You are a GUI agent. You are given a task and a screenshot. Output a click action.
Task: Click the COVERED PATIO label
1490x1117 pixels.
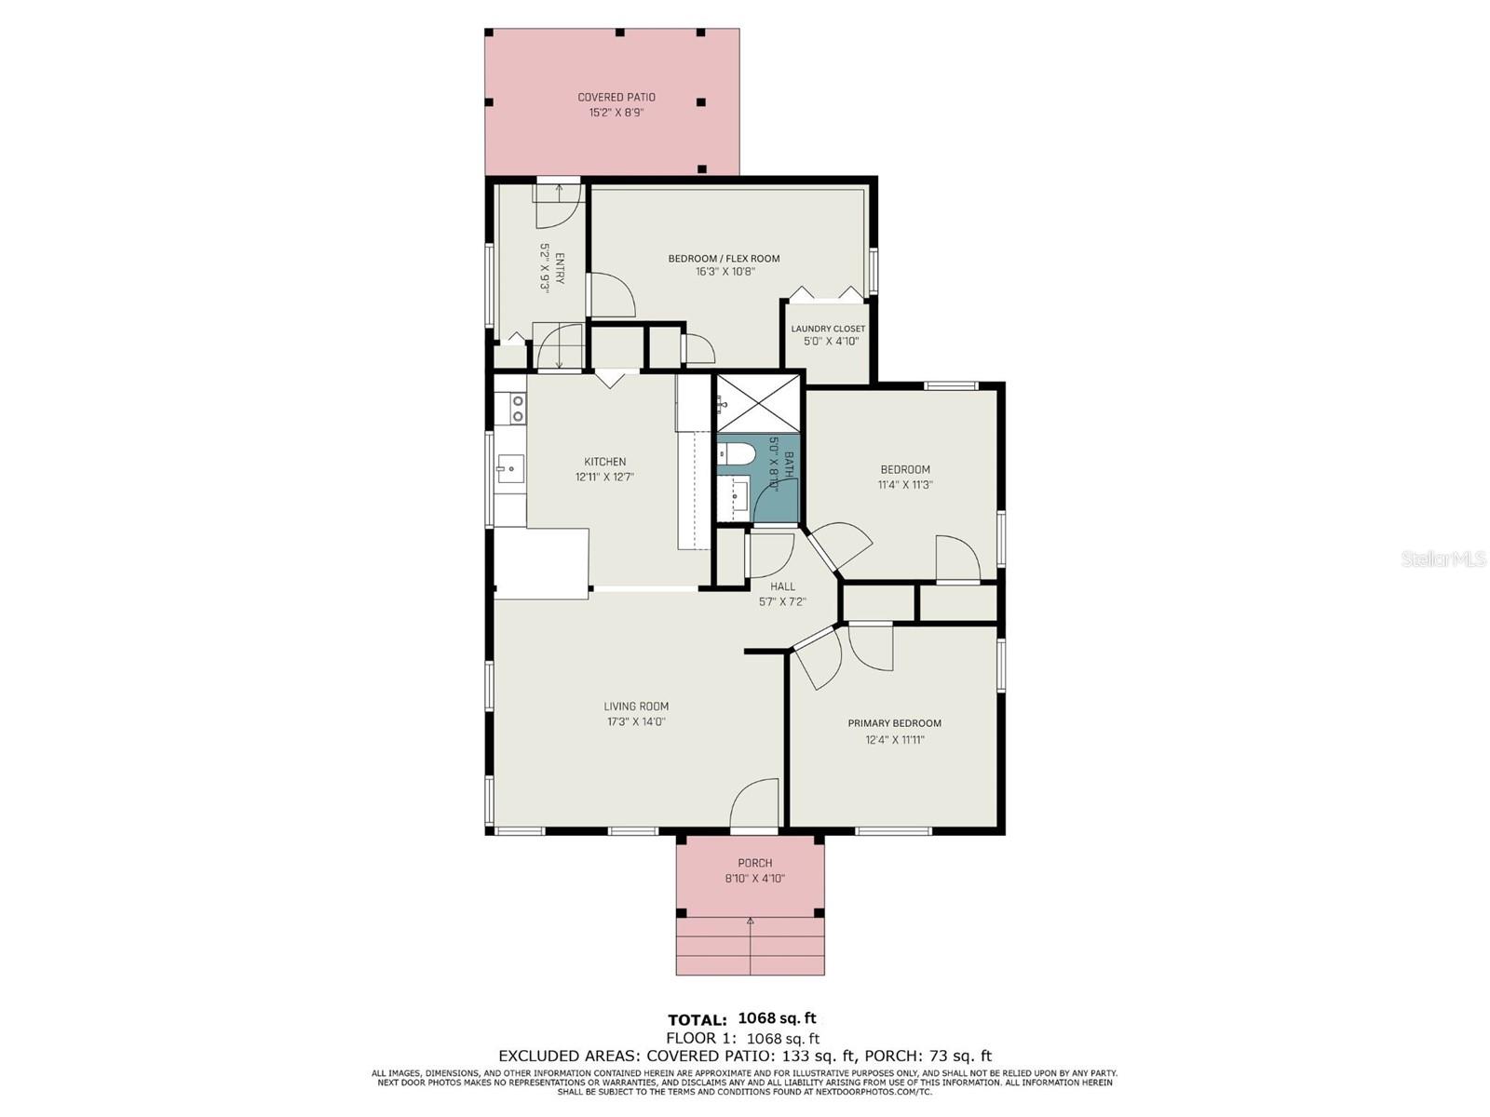coord(616,97)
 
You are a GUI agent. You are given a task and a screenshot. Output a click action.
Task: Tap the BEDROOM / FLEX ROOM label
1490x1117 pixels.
coord(724,258)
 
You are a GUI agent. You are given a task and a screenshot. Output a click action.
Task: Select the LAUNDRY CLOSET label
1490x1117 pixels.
coord(828,329)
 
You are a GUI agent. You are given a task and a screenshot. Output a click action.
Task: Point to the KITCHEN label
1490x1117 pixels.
coord(604,461)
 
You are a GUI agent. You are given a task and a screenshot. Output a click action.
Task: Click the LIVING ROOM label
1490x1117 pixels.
coord(636,706)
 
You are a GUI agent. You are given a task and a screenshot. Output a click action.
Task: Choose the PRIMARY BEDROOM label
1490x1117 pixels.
coord(894,723)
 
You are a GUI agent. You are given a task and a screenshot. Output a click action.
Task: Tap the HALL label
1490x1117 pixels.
coord(782,586)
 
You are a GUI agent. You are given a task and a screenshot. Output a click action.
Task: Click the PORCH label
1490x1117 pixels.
coord(754,864)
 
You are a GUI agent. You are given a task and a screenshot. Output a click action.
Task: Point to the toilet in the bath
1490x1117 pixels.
coord(733,452)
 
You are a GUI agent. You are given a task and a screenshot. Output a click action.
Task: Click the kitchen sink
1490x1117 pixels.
coord(508,466)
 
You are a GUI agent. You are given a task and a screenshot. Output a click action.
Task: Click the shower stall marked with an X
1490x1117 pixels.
coord(758,403)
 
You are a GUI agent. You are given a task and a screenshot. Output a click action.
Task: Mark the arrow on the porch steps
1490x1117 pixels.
coord(750,945)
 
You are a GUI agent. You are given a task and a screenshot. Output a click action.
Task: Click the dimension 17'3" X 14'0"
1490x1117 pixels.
coord(636,721)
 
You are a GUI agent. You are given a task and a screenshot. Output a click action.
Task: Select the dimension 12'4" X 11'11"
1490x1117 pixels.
coord(894,739)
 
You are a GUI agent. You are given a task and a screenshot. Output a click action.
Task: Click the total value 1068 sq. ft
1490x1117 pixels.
coord(777,1018)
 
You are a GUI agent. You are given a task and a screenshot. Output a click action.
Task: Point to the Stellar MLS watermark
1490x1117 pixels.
coord(1443,559)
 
